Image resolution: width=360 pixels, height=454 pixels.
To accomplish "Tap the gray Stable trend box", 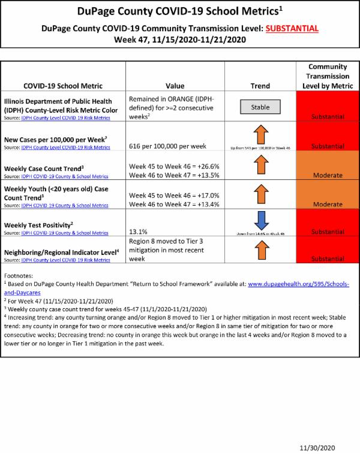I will (260, 107).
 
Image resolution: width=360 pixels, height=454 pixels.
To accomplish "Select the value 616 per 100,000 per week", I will (167, 146).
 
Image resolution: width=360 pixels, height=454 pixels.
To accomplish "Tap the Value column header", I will (175, 86).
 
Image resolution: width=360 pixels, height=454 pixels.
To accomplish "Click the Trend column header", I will (260, 86).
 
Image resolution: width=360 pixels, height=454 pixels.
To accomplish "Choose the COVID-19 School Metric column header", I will (63, 86).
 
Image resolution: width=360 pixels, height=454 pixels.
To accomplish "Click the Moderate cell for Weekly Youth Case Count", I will (328, 204).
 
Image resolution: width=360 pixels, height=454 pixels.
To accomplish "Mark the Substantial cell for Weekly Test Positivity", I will (328, 230).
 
